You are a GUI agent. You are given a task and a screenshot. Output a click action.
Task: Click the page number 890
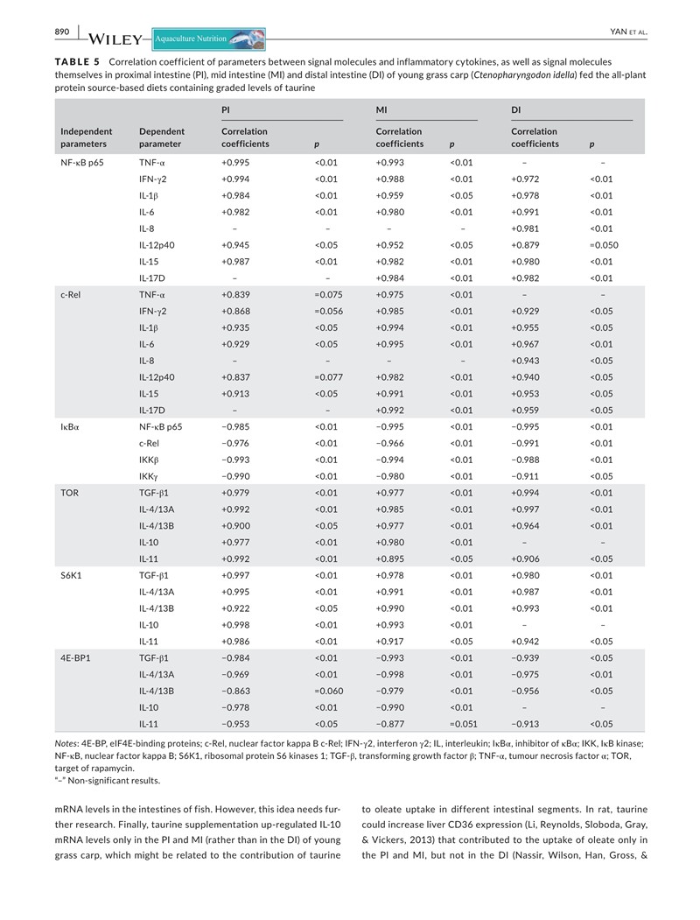coord(61,32)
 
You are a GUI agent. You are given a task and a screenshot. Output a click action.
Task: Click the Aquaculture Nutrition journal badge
coord(207,39)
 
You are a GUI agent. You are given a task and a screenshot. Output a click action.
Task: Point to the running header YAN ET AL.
coord(627,33)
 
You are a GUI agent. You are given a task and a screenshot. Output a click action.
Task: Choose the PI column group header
coord(227,110)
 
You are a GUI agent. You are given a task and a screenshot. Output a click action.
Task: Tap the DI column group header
coord(516,110)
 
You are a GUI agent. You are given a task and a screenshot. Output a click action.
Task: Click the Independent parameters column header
coord(83,137)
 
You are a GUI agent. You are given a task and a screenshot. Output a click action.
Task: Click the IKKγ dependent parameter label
coord(149,477)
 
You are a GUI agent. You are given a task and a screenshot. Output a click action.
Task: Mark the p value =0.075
coord(327,295)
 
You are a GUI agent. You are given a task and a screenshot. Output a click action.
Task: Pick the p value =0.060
coord(327,691)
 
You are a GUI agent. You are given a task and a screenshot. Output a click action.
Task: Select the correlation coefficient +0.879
coord(526,245)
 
